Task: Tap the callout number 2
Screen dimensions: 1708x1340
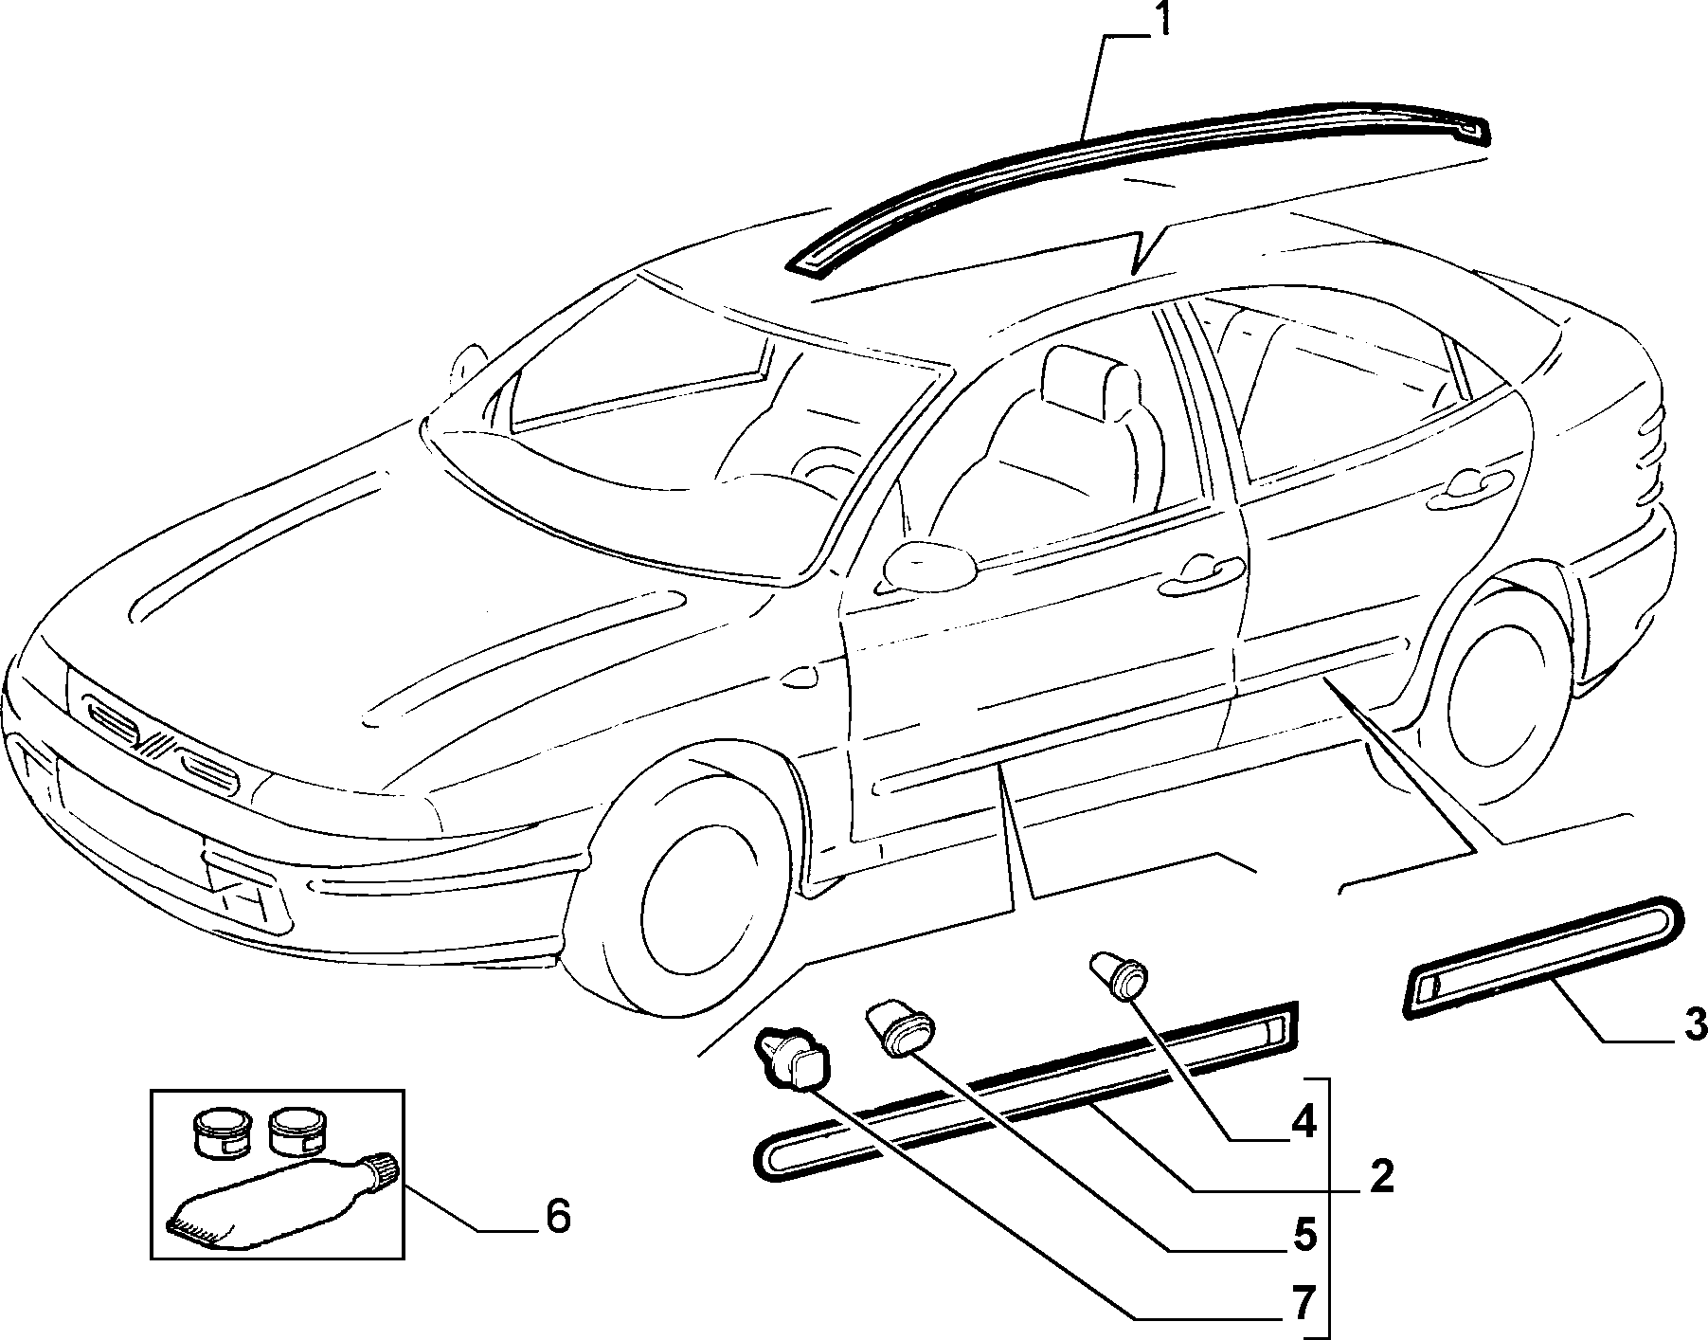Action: point(1381,1177)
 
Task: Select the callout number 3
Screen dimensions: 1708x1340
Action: point(1692,1023)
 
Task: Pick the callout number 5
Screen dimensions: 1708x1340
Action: point(1304,1235)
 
